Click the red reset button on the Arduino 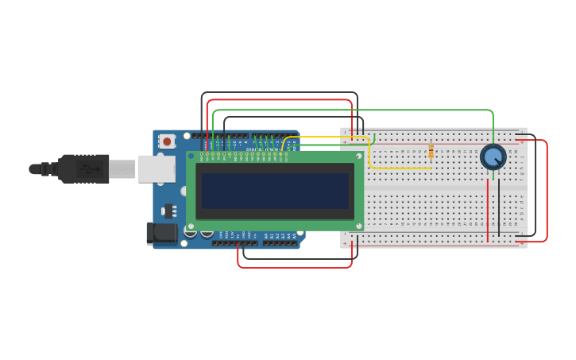167,141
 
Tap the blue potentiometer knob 493,157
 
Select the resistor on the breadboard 431,151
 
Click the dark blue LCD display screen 274,191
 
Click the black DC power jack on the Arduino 161,233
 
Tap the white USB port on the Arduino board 157,168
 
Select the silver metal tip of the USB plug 122,168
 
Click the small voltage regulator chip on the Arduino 168,211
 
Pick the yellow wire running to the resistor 397,168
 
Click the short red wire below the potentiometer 488,208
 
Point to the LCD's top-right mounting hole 359,157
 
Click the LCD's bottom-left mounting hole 191,226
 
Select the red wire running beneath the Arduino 294,267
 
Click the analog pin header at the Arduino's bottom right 280,243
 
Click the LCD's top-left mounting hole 191,157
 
